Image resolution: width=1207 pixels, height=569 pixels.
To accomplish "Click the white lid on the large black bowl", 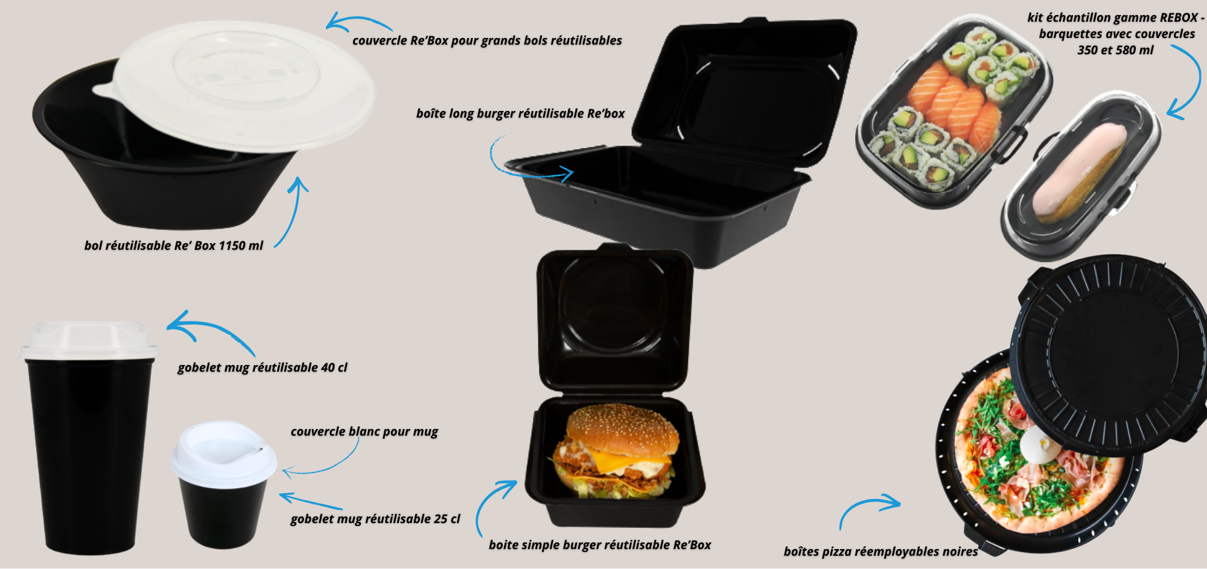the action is point(235,84).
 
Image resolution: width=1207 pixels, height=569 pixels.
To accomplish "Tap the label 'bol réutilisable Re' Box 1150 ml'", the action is point(174,246).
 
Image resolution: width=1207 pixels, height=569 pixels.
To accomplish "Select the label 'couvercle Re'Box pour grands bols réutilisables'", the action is point(487,40).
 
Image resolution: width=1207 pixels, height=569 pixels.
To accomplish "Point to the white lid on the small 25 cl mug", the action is point(223,454).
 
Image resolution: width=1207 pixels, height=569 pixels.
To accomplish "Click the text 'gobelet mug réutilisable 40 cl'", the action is point(263,367).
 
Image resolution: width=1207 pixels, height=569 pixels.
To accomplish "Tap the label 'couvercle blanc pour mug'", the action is point(365,431).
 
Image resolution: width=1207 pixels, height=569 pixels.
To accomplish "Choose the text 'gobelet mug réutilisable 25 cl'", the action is point(375,519).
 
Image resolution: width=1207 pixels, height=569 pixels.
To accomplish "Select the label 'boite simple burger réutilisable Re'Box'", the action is point(600,545).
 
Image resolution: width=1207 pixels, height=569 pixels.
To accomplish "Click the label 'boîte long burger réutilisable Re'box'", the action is point(520,113).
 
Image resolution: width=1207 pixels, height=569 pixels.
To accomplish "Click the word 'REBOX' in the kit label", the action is point(1179,17).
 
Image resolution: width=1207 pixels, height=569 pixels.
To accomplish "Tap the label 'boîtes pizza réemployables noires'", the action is point(881,552).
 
